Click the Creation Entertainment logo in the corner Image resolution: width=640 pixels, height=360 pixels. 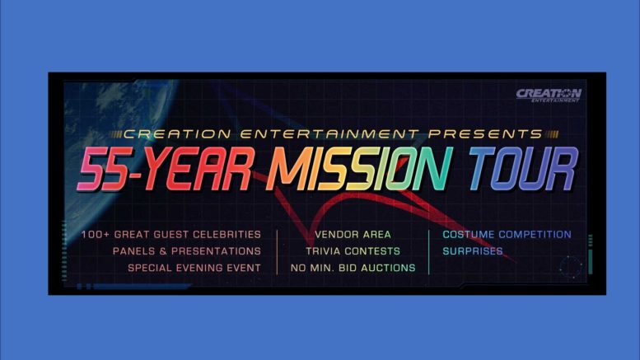tap(549, 95)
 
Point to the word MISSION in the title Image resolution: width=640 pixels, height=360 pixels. tap(359, 169)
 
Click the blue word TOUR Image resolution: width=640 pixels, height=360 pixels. tap(523, 169)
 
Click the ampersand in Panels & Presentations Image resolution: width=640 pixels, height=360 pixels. tap(163, 251)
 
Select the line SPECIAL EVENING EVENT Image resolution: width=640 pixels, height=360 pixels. tap(194, 269)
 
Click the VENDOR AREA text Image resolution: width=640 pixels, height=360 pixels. tap(353, 235)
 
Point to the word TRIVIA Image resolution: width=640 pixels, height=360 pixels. tap(323, 251)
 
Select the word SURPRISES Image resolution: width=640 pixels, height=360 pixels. tap(473, 251)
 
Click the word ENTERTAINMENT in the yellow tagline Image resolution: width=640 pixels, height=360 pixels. tap(329, 134)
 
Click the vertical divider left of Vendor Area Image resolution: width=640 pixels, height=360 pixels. tap(277, 252)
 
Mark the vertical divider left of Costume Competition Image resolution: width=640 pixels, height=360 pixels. tap(429, 252)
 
